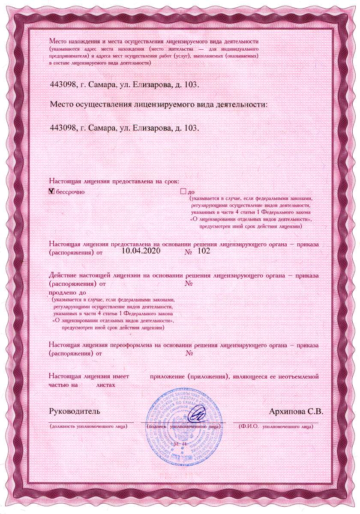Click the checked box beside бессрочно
coord(52,191)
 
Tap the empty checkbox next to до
coord(183,191)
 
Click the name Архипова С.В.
coord(296,412)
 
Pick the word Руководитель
coord(75,412)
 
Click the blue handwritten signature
coord(198,415)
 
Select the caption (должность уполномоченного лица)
coord(88,427)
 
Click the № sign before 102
coord(188,252)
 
